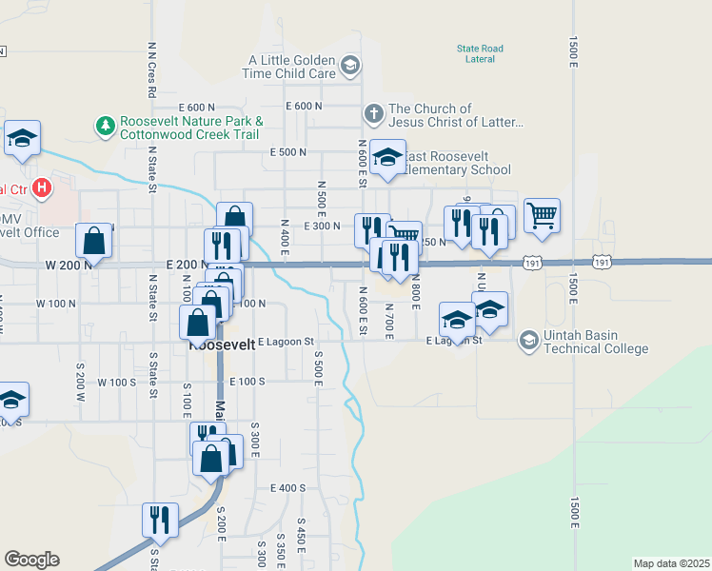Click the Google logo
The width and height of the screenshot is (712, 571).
click(x=31, y=560)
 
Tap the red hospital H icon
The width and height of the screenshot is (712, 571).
click(x=42, y=188)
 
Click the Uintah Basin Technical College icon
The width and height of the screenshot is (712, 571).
click(x=528, y=340)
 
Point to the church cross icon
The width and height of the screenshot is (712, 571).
click(x=373, y=114)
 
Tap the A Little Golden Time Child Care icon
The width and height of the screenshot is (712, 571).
click(x=350, y=66)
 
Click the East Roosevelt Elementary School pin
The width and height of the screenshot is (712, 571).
click(x=387, y=157)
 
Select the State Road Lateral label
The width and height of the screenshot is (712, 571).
click(x=480, y=53)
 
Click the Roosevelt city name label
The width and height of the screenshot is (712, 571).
click(x=223, y=345)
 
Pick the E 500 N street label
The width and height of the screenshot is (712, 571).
click(x=288, y=152)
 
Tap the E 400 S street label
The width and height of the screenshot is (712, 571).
click(x=287, y=488)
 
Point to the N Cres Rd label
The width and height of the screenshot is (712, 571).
click(x=151, y=69)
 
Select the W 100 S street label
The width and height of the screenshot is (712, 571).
click(x=118, y=382)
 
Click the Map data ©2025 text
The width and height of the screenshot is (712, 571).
click(x=671, y=563)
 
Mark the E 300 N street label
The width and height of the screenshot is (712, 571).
click(x=322, y=226)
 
